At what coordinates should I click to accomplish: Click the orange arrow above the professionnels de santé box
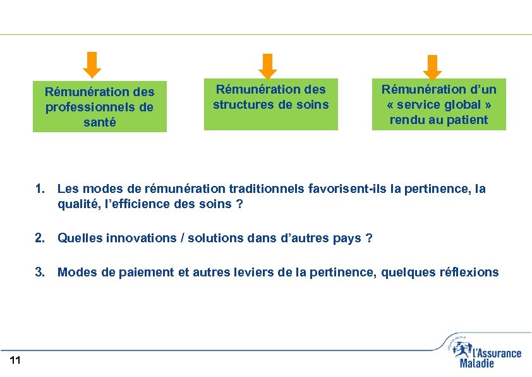point(93,65)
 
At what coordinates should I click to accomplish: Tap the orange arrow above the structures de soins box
point(269,65)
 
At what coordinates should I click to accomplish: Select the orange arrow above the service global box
point(432,66)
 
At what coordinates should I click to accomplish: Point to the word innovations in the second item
point(142,238)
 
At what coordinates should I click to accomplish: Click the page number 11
point(16,361)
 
